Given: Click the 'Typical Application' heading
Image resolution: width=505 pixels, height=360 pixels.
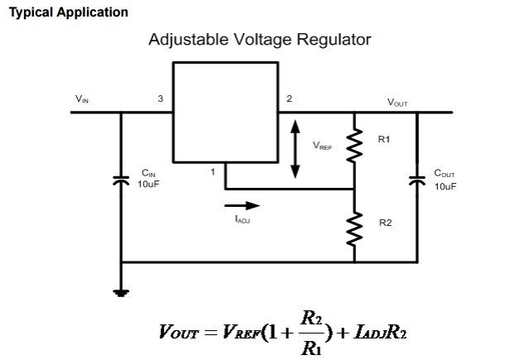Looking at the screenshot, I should click(68, 12).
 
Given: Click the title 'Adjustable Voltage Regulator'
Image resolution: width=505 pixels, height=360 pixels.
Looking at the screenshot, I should click(259, 40).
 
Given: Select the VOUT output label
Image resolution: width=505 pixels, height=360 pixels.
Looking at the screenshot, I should click(397, 102).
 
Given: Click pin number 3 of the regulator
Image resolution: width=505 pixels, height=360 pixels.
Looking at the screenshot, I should click(161, 98).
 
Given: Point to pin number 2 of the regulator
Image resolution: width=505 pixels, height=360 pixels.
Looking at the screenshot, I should click(289, 98).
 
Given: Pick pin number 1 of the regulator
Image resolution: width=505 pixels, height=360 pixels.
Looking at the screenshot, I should click(213, 172).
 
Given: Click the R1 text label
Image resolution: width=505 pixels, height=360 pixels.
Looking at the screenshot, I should click(383, 139).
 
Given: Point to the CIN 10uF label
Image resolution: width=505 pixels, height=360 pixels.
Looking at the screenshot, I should click(148, 178).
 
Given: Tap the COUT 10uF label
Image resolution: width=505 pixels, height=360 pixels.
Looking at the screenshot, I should click(445, 180).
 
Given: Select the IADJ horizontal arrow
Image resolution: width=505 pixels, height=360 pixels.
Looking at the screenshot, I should click(242, 204).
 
